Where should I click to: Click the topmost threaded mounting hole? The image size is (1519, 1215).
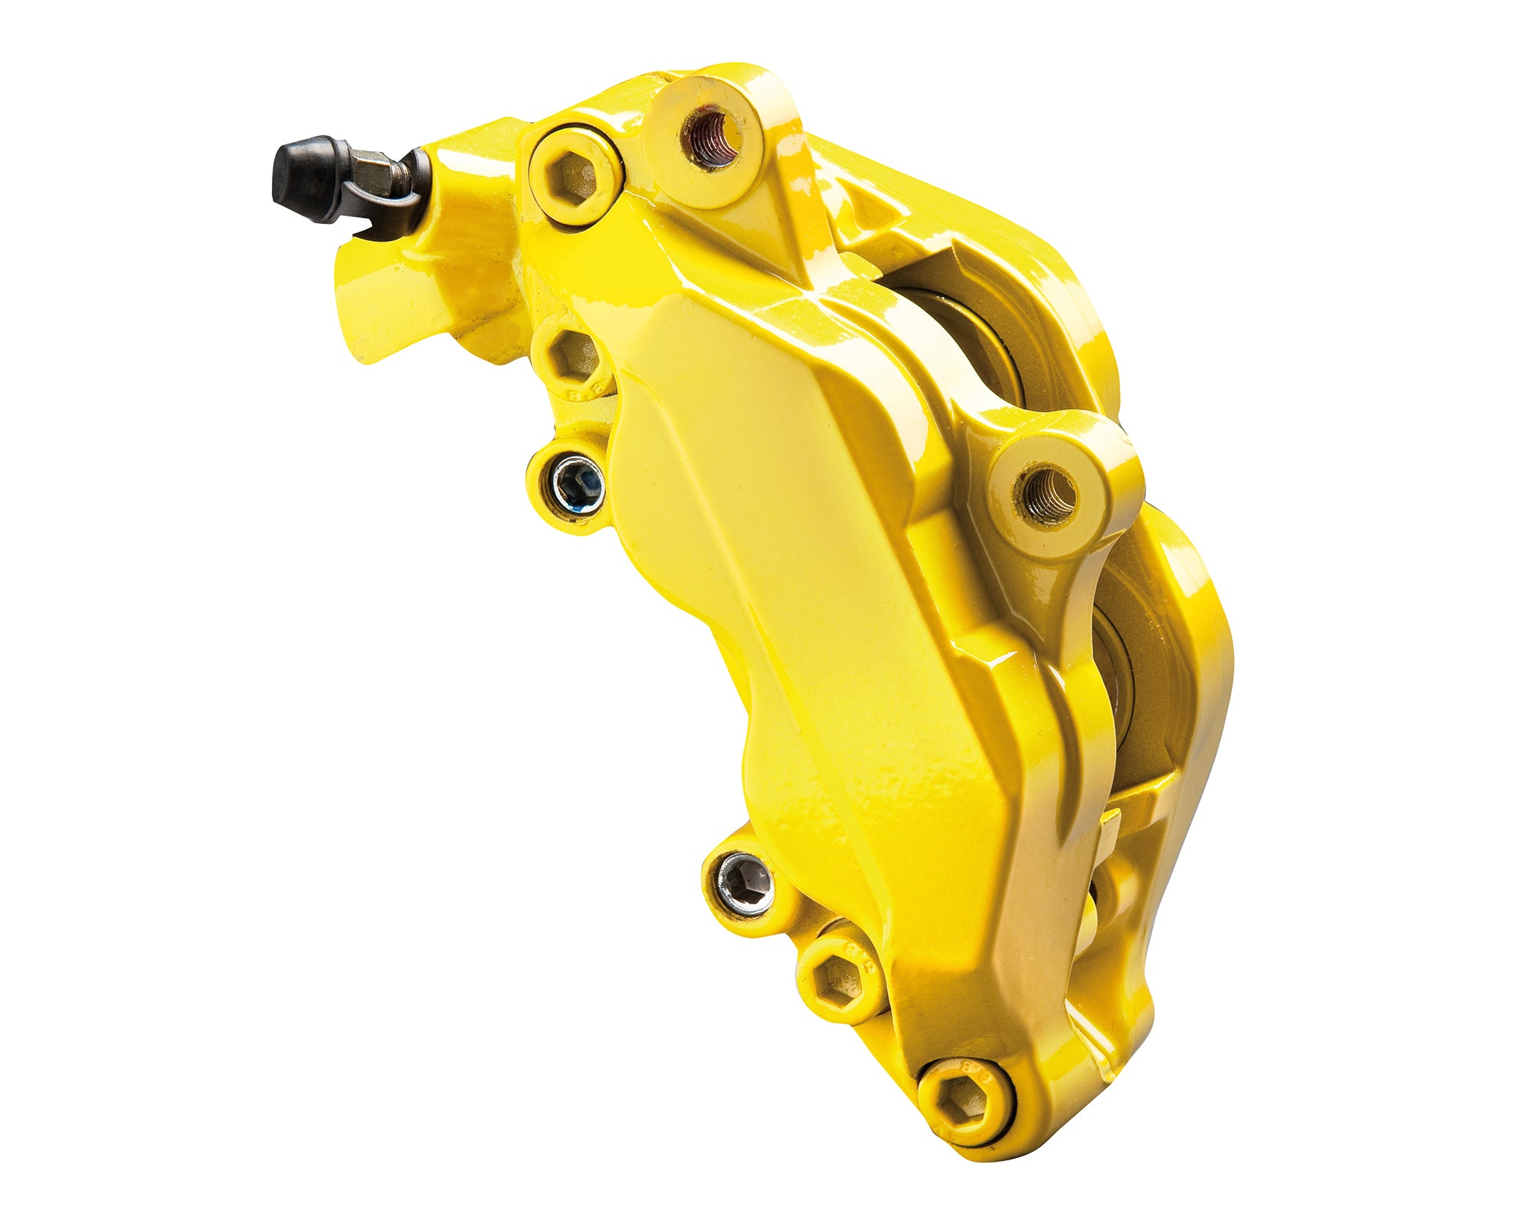[x=712, y=137]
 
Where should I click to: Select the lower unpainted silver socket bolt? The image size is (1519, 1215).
[x=746, y=884]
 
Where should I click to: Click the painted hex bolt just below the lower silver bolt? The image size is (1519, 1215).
[x=842, y=977]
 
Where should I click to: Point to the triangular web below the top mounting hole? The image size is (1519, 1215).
[x=782, y=228]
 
